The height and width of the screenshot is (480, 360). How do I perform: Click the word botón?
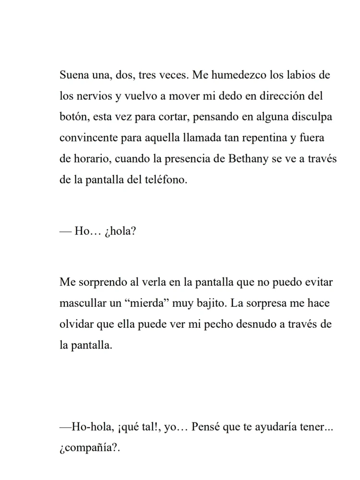(x=74, y=117)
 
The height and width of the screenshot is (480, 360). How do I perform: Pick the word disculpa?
(x=309, y=117)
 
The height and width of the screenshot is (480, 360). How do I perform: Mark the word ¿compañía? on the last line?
(x=89, y=447)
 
